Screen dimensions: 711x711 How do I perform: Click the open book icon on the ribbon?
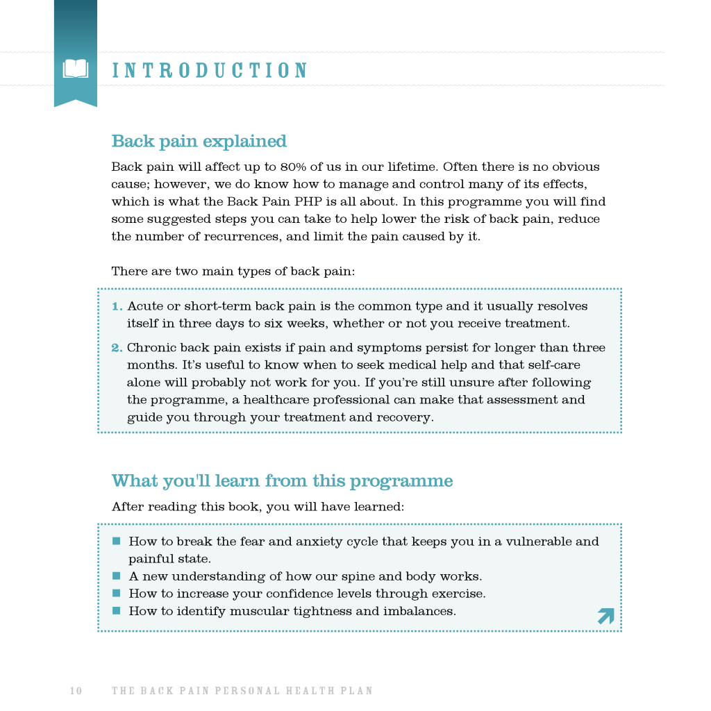[x=76, y=69]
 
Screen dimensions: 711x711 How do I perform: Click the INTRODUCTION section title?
[x=210, y=71]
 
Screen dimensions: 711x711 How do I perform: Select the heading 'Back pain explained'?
[x=199, y=142]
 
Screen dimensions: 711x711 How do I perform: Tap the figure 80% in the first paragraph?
[x=294, y=167]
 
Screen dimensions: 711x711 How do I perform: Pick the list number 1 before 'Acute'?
[x=117, y=306]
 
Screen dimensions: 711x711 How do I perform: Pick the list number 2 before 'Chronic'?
[x=117, y=348]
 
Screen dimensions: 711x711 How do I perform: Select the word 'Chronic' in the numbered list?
[x=151, y=348]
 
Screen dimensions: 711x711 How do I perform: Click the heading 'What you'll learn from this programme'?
[x=282, y=481]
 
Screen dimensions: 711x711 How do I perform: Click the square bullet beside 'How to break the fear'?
[x=116, y=541]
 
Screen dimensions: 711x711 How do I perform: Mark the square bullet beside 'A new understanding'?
[x=116, y=576]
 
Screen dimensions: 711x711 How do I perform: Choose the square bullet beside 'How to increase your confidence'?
[x=116, y=594]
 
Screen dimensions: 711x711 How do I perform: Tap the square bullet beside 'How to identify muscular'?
[x=116, y=611]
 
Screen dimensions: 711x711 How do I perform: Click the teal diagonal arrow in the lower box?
[x=605, y=615]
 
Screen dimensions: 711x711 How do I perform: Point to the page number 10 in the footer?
[x=76, y=691]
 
